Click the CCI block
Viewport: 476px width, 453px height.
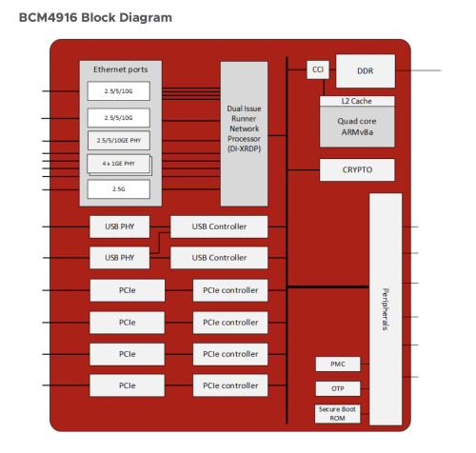point(318,69)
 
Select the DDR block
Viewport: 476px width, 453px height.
point(366,70)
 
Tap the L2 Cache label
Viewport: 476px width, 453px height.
point(357,101)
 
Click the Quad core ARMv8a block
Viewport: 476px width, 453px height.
point(357,127)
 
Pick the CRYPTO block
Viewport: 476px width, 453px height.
point(357,170)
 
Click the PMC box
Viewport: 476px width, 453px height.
point(338,364)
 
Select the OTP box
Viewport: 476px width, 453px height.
point(338,388)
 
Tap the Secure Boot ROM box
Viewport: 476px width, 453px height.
point(337,414)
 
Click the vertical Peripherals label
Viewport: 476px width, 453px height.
point(385,309)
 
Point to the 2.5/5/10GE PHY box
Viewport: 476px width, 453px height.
point(119,140)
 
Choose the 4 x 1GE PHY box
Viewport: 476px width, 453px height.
point(118,164)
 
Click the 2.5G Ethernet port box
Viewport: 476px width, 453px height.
point(119,189)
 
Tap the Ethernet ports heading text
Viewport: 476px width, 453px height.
point(121,69)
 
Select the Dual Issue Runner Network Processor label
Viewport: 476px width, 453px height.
point(244,128)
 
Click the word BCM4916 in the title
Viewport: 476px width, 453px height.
point(49,17)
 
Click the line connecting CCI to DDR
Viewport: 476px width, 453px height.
point(332,69)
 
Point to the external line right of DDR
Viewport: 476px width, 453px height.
point(418,70)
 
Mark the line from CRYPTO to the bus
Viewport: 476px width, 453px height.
point(304,170)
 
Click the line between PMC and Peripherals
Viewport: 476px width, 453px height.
point(365,364)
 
